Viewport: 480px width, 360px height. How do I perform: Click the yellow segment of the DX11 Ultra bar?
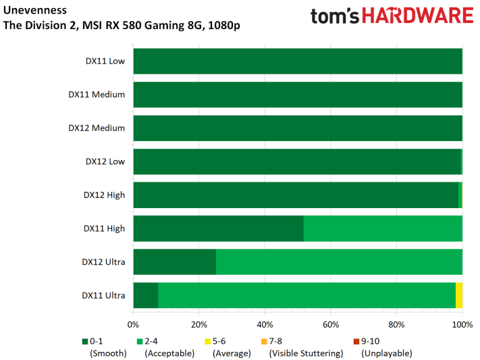459,295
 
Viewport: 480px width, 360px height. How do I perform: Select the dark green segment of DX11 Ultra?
146,295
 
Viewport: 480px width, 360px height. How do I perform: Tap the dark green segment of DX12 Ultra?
175,262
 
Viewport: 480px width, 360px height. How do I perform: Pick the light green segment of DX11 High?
383,228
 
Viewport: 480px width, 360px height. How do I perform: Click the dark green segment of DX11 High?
219,228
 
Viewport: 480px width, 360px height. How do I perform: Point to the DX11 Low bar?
298,61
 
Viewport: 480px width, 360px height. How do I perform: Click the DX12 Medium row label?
97,128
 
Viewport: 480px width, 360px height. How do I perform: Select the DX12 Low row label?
105,161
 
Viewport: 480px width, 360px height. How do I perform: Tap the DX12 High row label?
105,195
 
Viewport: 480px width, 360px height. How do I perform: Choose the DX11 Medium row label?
97,95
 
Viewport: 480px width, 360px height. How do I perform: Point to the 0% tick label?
133,324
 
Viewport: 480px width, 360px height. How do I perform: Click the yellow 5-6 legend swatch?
207,341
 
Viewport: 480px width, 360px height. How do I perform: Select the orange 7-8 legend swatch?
264,341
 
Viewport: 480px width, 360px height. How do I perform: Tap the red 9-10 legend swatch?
356,341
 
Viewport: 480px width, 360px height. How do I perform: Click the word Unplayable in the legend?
387,353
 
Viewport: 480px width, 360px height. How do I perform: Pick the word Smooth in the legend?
108,353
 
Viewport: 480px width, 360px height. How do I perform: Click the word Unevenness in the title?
35,10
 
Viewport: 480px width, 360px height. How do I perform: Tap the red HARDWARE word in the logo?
418,16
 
